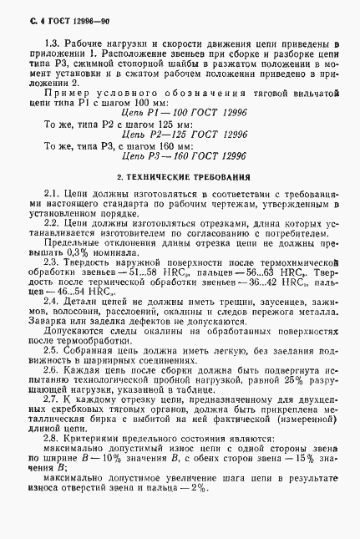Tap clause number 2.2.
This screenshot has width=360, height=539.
tap(50, 225)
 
